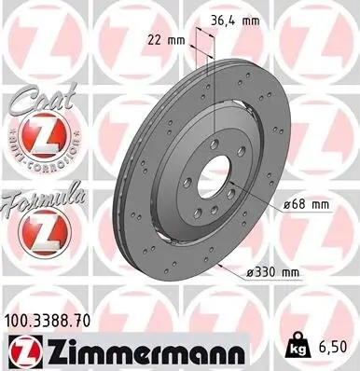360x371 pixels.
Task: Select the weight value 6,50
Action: [x=336, y=347]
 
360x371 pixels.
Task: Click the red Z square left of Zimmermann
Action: [x=18, y=353]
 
